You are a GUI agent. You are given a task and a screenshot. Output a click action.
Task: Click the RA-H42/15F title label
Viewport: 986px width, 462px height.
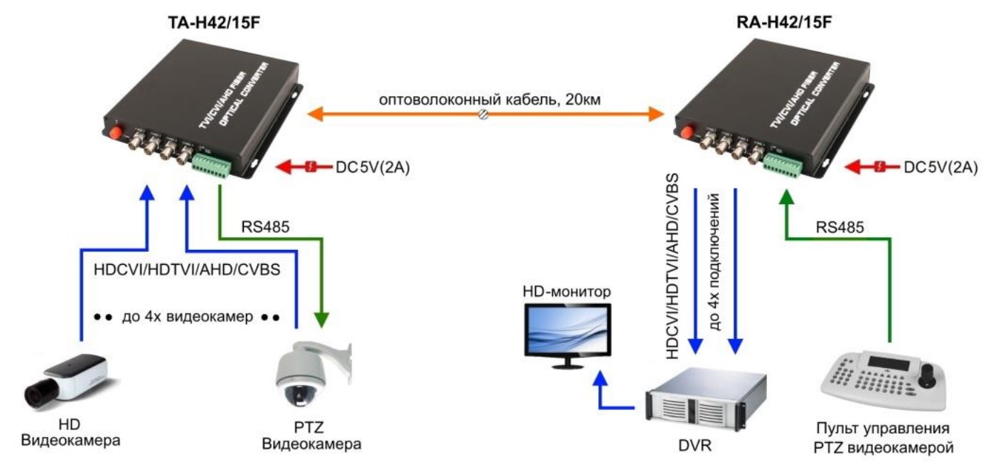tap(785, 23)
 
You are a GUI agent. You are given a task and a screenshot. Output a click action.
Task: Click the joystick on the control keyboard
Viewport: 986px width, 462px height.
tap(927, 372)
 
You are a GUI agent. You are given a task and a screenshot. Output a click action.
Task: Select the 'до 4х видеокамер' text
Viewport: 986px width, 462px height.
tap(188, 316)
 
